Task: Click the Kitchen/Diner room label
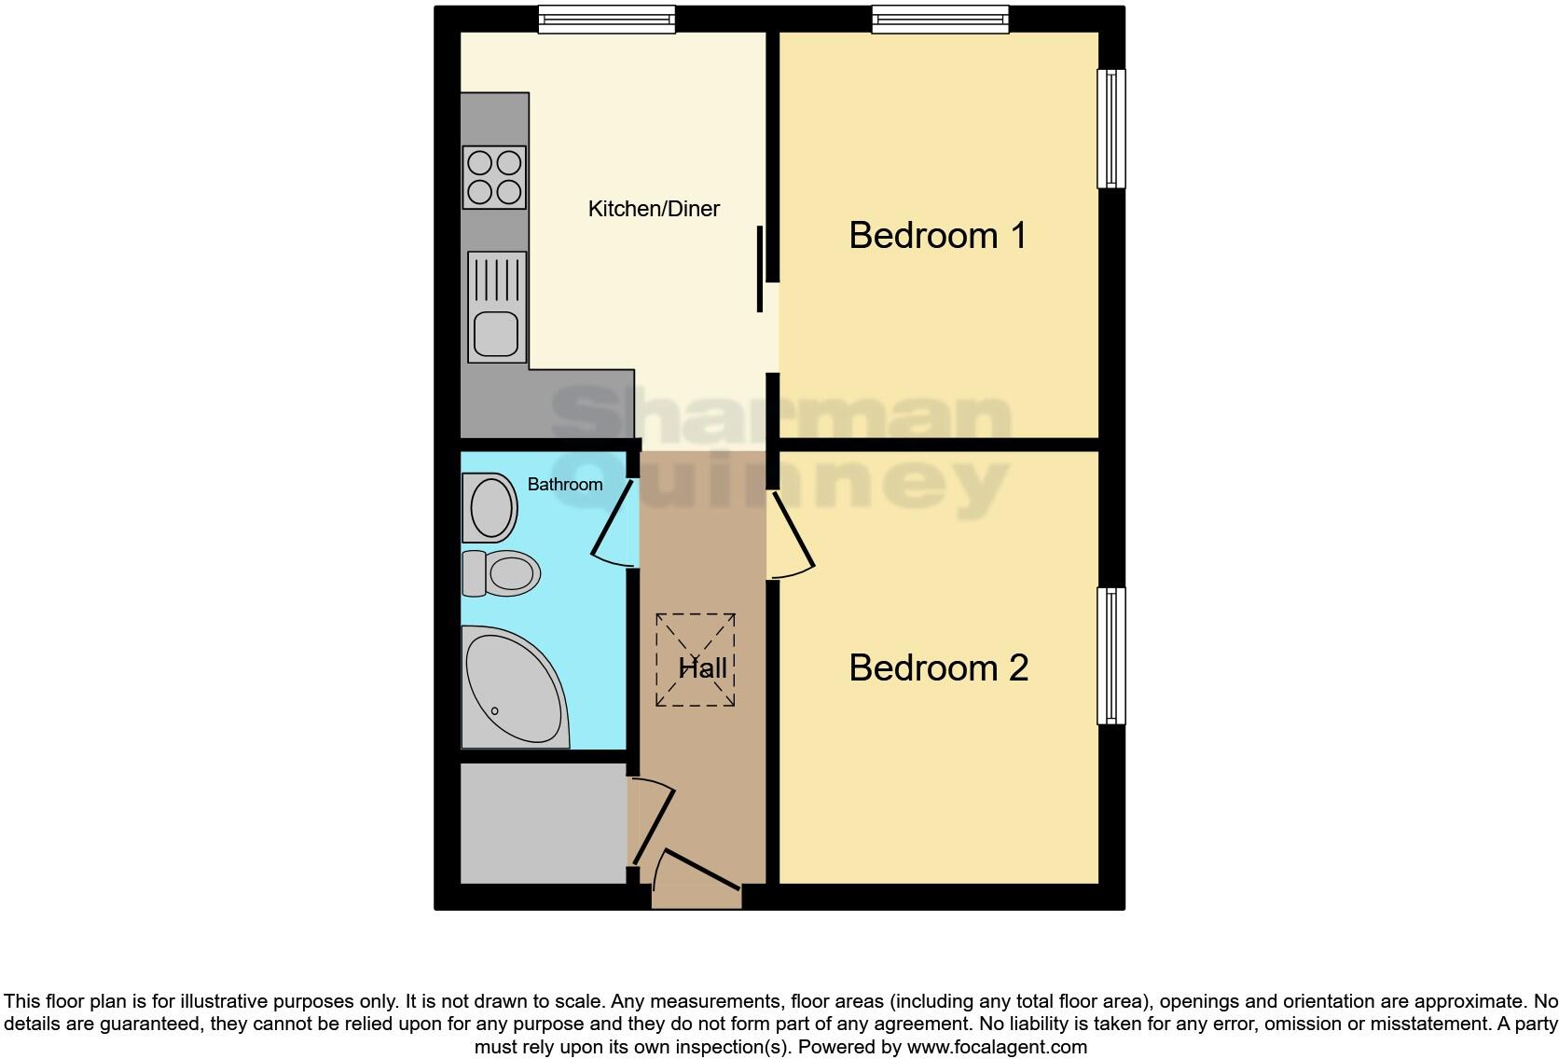pyautogui.click(x=654, y=209)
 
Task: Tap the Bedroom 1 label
pyautogui.click(x=937, y=235)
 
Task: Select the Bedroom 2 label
pyautogui.click(x=938, y=667)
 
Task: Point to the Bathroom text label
pyautogui.click(x=565, y=484)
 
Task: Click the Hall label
pyautogui.click(x=702, y=667)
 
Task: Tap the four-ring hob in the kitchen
pyautogui.click(x=494, y=177)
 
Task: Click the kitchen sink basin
pyautogui.click(x=496, y=334)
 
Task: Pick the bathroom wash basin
pyautogui.click(x=491, y=508)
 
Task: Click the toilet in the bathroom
pyautogui.click(x=504, y=572)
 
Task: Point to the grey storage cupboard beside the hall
pyautogui.click(x=543, y=822)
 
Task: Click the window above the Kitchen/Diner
pyautogui.click(x=606, y=20)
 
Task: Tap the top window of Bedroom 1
pyautogui.click(x=940, y=20)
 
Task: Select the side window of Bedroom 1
pyautogui.click(x=1111, y=129)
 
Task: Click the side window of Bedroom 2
pyautogui.click(x=1111, y=655)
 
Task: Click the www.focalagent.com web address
pyautogui.click(x=996, y=1047)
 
